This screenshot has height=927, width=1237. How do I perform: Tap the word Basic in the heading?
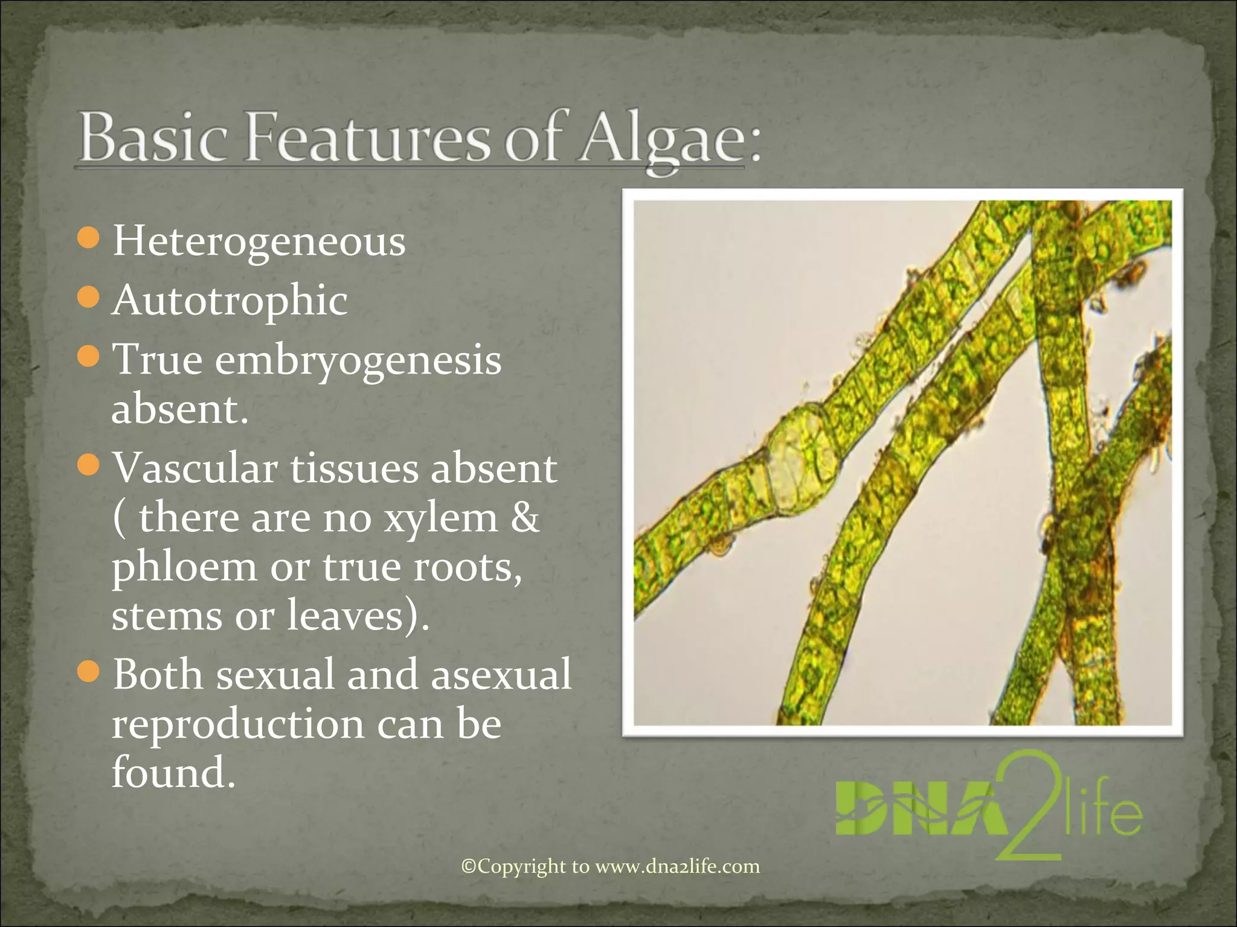[x=154, y=138]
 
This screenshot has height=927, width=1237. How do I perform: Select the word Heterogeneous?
[x=259, y=241]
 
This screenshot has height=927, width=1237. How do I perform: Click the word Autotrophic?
[x=230, y=300]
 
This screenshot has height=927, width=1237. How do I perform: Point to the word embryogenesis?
[x=358, y=360]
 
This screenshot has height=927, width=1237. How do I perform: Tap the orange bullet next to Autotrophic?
[x=89, y=296]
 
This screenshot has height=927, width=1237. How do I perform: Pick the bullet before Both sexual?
[x=89, y=671]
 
